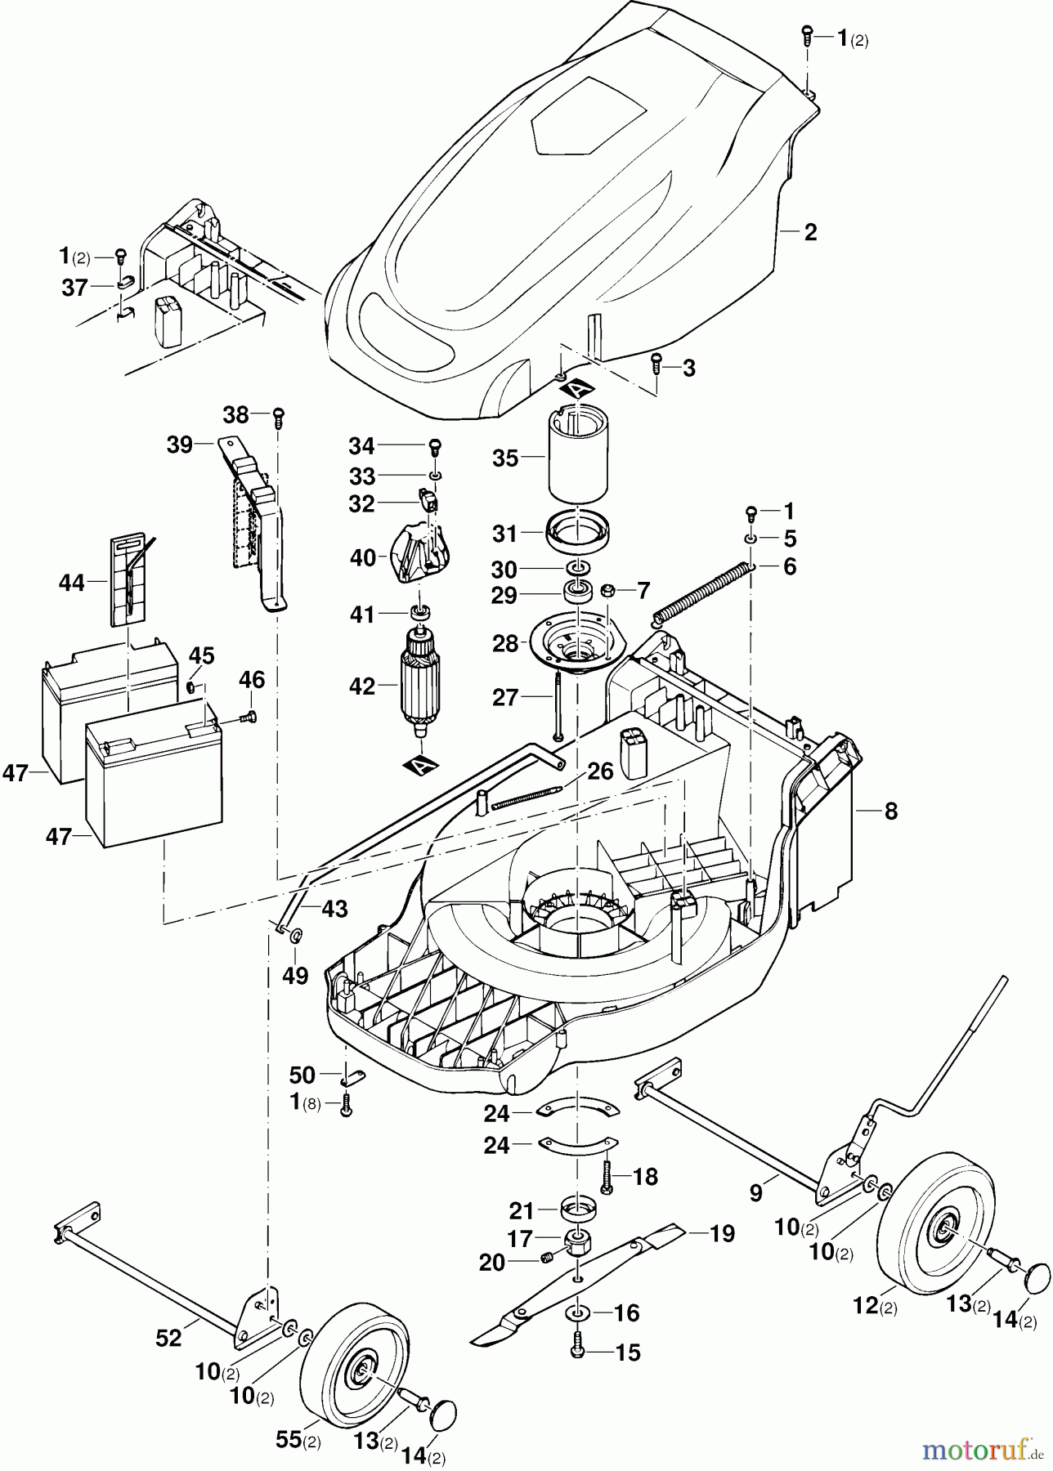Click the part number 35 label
tap(505, 458)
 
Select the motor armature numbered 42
tap(422, 683)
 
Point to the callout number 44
tap(72, 583)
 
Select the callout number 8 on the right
tap(891, 812)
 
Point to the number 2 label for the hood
tap(810, 232)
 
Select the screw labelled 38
tap(279, 417)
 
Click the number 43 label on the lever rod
tap(334, 909)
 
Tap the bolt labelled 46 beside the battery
tap(247, 718)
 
